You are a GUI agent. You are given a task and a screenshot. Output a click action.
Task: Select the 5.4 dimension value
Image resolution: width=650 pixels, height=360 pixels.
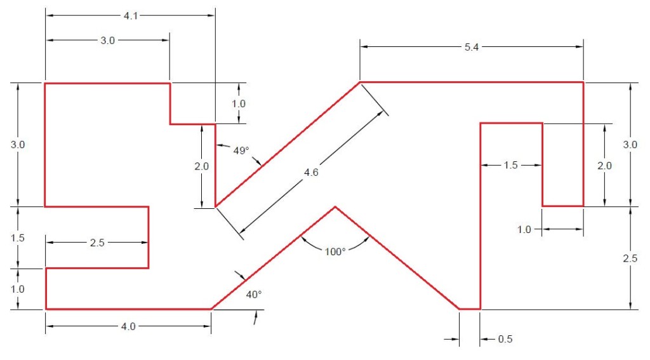(x=471, y=48)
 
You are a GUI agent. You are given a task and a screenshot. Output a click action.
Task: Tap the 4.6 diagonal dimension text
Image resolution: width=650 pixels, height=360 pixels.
(x=311, y=173)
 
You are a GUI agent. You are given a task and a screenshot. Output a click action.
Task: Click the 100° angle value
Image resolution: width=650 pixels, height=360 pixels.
(x=335, y=251)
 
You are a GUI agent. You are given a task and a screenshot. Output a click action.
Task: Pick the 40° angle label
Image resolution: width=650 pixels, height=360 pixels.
(x=254, y=295)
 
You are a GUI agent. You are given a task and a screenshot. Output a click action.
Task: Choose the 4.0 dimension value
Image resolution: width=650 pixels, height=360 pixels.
(x=128, y=327)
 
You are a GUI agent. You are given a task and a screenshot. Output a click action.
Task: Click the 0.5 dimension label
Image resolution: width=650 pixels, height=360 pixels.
(x=505, y=339)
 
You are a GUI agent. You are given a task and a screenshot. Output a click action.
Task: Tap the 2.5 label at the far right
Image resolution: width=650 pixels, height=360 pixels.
(x=629, y=259)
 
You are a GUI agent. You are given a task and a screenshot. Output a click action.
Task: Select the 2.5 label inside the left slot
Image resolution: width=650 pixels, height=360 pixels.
(x=97, y=243)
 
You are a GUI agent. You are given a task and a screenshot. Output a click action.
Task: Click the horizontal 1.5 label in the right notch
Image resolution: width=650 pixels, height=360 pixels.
(x=510, y=166)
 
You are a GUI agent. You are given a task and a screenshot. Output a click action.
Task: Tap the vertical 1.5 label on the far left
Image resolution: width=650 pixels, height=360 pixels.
(x=18, y=237)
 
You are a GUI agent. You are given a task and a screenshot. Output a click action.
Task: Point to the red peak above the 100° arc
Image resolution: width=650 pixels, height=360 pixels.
(x=335, y=207)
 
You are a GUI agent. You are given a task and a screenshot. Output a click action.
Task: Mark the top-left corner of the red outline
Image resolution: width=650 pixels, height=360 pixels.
(x=45, y=83)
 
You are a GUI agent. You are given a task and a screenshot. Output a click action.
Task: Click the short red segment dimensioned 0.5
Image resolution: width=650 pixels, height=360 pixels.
(x=470, y=309)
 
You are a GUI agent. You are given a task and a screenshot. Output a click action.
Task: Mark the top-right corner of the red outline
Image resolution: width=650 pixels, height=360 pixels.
(x=583, y=83)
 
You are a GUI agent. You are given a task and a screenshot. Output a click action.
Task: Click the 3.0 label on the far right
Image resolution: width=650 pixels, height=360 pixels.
(x=629, y=145)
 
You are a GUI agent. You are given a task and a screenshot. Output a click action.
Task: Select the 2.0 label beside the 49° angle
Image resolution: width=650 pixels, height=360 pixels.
(x=201, y=166)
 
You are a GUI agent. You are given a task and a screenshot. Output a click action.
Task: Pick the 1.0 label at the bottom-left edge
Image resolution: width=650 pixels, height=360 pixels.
(x=18, y=289)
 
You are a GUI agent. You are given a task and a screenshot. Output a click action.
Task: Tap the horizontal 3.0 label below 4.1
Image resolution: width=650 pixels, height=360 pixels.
(x=108, y=41)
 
